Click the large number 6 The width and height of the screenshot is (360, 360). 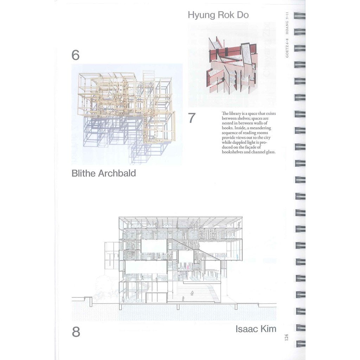tap(76, 55)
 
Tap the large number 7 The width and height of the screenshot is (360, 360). tap(192, 118)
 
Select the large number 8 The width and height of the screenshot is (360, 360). tap(76, 332)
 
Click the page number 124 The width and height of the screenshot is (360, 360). tap(286, 337)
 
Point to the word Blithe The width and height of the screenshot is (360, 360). tap(84, 173)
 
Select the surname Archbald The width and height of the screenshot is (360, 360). tap(117, 173)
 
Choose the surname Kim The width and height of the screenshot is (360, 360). tap(268, 329)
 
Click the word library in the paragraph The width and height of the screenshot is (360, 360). tap(235, 114)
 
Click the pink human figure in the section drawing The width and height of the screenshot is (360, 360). tap(188, 268)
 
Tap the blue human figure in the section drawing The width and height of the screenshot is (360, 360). tap(237, 257)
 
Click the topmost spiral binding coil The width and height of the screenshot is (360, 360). tap(300, 15)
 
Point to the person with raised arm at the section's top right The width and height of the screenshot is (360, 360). tap(240, 225)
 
